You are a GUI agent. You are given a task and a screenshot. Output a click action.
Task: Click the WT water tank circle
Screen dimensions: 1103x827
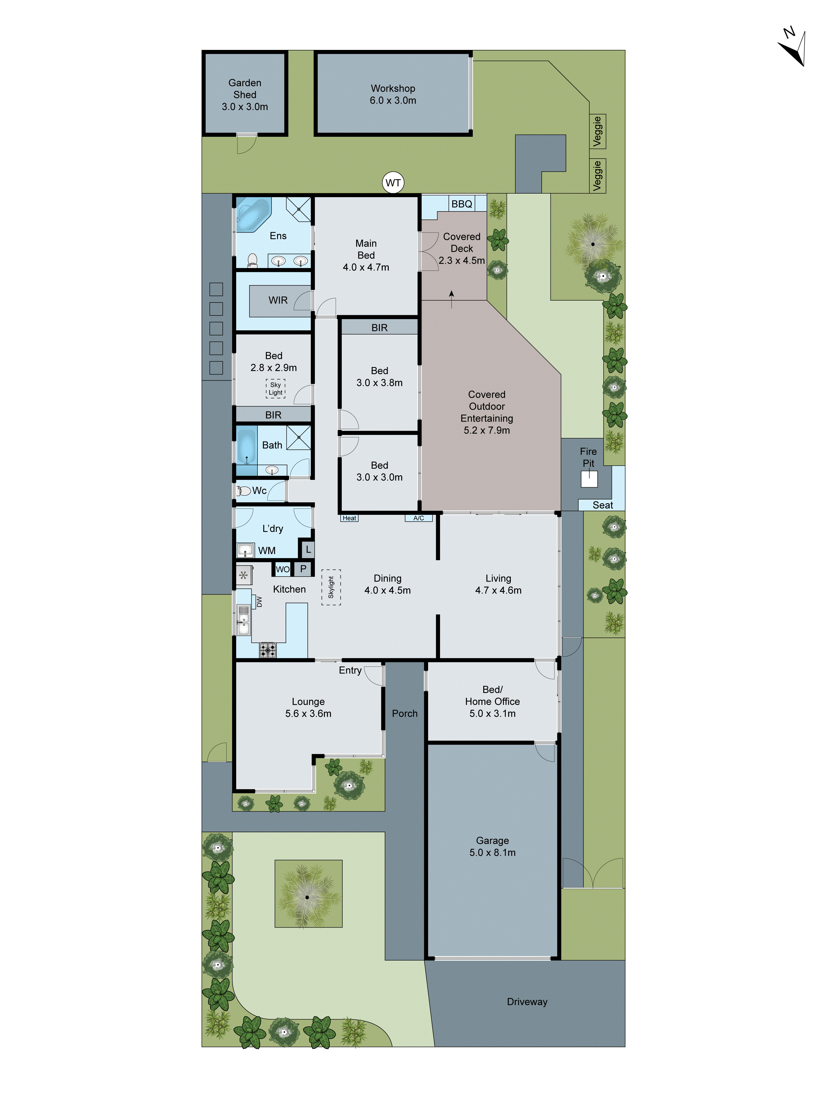click(393, 183)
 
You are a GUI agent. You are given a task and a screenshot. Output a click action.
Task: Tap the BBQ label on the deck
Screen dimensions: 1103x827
click(462, 204)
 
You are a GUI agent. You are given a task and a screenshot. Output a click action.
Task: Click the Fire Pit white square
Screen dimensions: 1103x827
click(589, 479)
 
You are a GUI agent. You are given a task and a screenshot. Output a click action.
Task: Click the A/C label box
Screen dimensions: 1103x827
click(418, 518)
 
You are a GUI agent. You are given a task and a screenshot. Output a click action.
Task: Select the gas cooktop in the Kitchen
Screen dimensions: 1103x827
click(268, 650)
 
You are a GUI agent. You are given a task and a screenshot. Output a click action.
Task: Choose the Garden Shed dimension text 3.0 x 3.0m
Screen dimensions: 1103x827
click(245, 107)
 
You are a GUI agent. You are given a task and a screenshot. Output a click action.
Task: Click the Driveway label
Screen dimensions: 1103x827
click(527, 1002)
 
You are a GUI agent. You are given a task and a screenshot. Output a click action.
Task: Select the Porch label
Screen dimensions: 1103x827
click(404, 714)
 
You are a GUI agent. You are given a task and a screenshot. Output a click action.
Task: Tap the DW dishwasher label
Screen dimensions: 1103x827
click(259, 602)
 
